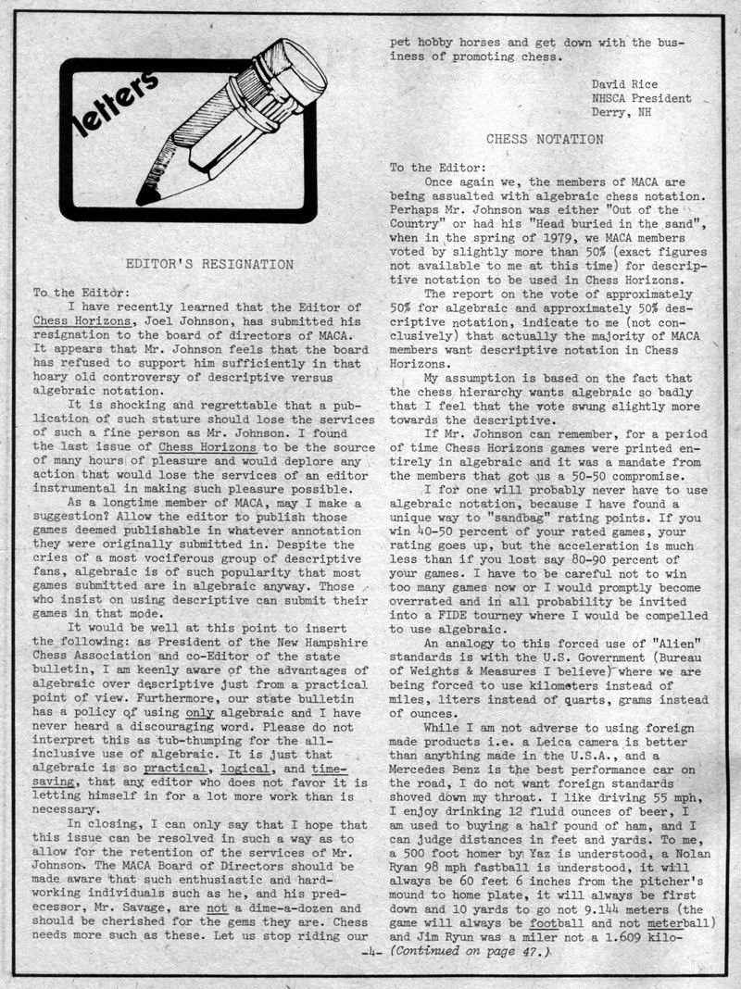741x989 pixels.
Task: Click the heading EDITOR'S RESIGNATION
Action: point(209,264)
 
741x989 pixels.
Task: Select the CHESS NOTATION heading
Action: point(545,139)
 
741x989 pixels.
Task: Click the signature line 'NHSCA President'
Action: point(641,98)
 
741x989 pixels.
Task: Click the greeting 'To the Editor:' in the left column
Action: point(77,293)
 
